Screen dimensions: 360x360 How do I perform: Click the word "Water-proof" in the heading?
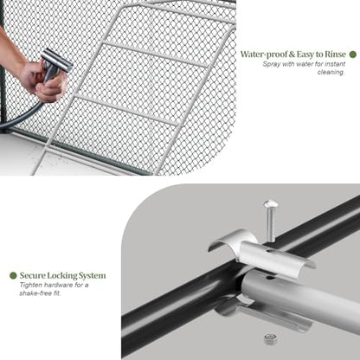pos(264,55)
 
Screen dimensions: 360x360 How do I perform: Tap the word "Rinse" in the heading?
pos(335,55)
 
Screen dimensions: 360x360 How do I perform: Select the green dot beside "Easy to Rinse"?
pos(352,55)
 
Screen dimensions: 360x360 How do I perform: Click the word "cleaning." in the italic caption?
pos(331,72)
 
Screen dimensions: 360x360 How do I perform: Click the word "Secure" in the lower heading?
pos(32,275)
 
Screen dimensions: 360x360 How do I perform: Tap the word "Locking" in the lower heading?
pos(61,275)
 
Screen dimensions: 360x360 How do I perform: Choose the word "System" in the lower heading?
pos(92,276)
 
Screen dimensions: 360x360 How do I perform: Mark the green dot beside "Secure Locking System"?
pos(13,275)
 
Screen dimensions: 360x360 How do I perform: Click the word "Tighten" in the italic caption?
pos(30,285)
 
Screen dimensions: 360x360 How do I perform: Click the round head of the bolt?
pos(270,204)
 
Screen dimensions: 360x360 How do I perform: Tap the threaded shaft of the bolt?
pos(271,225)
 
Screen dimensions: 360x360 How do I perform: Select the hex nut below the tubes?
pos(270,339)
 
